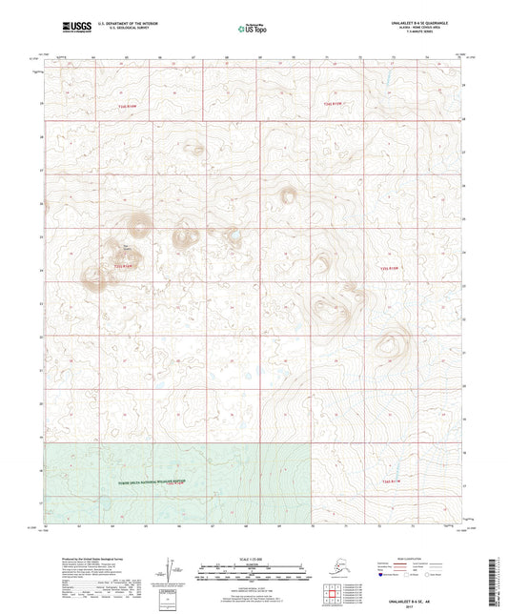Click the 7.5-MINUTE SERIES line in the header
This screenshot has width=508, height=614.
pos(418,37)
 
